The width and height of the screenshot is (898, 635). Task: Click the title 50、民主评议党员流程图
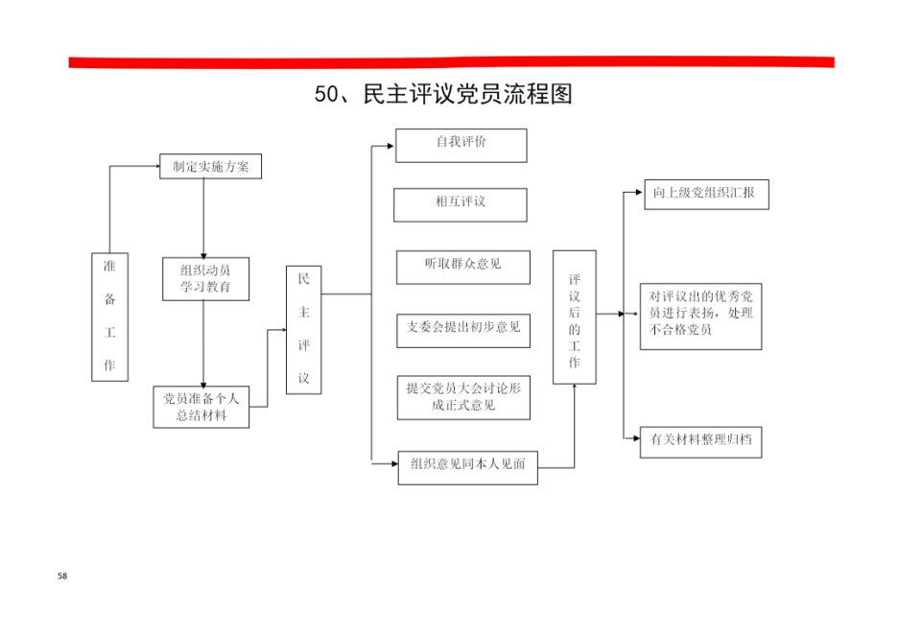click(443, 94)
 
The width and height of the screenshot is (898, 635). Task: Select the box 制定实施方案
click(210, 166)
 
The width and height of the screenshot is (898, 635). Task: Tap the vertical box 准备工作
click(110, 317)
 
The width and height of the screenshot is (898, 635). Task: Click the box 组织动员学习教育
click(205, 279)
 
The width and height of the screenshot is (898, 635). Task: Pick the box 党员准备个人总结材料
click(201, 407)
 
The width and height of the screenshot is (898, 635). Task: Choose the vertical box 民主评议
click(303, 330)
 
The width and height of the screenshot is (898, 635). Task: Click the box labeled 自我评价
click(461, 146)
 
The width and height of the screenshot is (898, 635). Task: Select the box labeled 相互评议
click(460, 205)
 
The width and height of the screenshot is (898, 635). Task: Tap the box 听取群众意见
click(462, 267)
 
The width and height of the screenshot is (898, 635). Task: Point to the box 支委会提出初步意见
click(462, 330)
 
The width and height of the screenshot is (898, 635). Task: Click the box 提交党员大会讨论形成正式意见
click(463, 397)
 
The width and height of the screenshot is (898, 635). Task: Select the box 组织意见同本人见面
click(467, 468)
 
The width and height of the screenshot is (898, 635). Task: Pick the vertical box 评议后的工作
click(575, 317)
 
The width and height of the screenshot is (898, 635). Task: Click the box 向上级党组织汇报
click(706, 194)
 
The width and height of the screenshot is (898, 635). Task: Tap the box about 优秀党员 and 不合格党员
click(700, 317)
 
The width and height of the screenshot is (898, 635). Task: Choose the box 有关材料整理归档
click(700, 442)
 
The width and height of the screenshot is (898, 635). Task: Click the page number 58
click(62, 576)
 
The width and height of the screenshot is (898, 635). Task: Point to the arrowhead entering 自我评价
click(390, 146)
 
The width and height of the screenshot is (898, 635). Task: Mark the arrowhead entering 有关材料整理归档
click(636, 438)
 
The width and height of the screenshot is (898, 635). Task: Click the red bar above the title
click(451, 61)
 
